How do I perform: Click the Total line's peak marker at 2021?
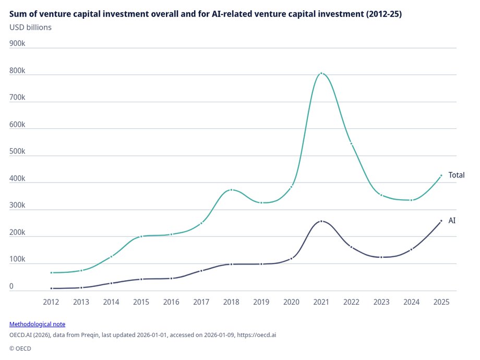(321, 74)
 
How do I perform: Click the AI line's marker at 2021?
(321, 221)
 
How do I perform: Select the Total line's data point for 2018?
(231, 190)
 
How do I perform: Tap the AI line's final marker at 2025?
(441, 221)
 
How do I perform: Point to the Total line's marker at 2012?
(51, 273)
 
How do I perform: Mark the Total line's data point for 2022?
(351, 143)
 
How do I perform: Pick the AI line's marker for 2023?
(381, 257)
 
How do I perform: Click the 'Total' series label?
(456, 175)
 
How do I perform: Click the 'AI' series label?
(452, 221)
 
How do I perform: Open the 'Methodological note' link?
(37, 324)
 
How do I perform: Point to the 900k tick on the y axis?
(17, 44)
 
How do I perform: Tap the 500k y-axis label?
(17, 152)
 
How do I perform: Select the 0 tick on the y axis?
(12, 286)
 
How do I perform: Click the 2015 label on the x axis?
(141, 302)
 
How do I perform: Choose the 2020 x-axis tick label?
(291, 302)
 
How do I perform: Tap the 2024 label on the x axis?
(411, 302)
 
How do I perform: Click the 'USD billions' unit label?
(30, 27)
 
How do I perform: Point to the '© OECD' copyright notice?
(20, 348)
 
